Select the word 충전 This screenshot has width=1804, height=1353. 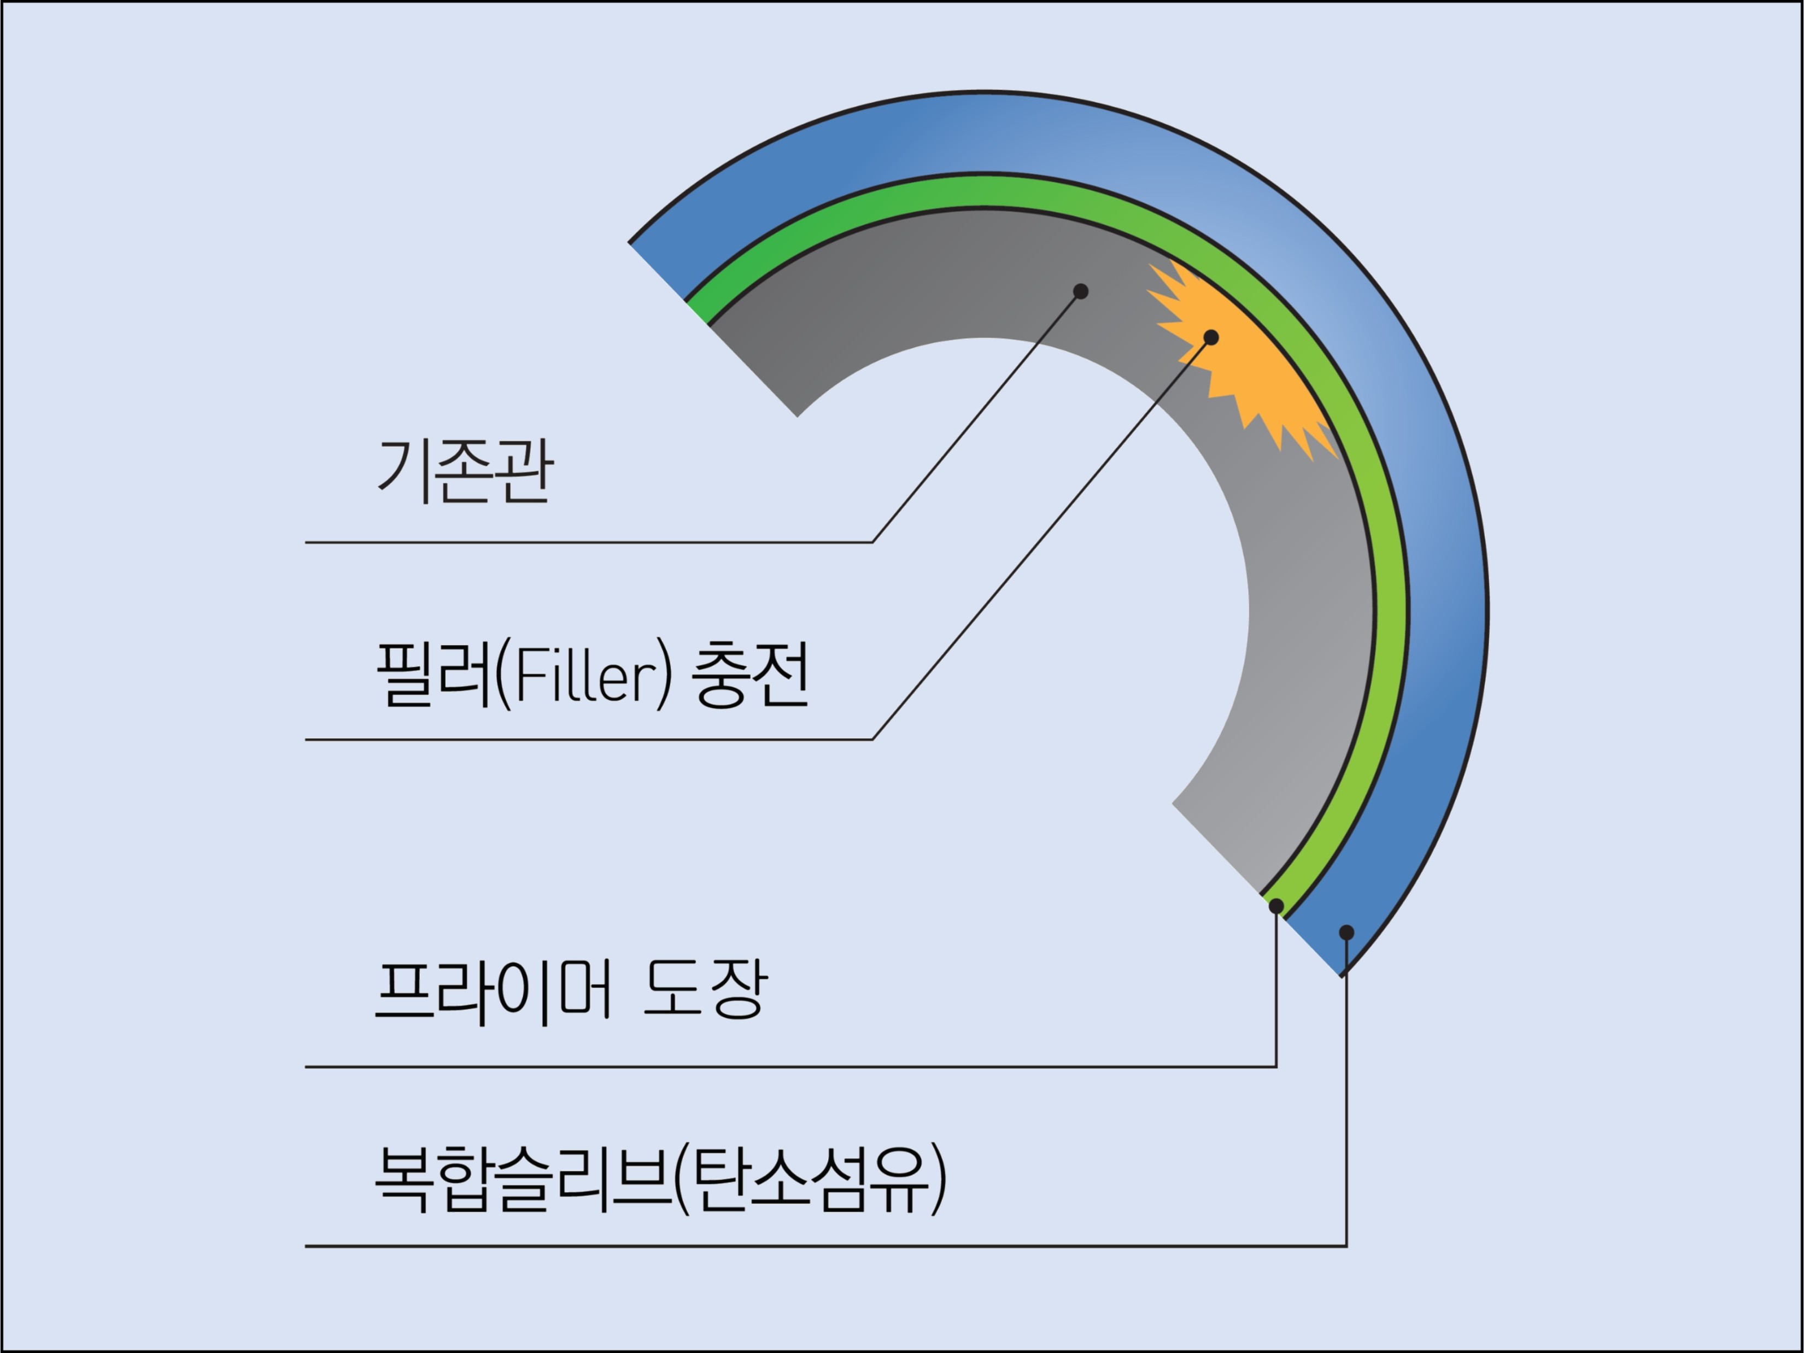pyautogui.click(x=751, y=675)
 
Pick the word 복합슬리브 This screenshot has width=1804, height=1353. pyautogui.click(x=522, y=1179)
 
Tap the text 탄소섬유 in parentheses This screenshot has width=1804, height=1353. pyautogui.click(x=811, y=1179)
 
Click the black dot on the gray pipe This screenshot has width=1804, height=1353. pyautogui.click(x=1081, y=291)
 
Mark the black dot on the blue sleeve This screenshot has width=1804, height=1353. pyautogui.click(x=1346, y=932)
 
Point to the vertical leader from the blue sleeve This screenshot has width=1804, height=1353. pyautogui.click(x=1346, y=1101)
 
